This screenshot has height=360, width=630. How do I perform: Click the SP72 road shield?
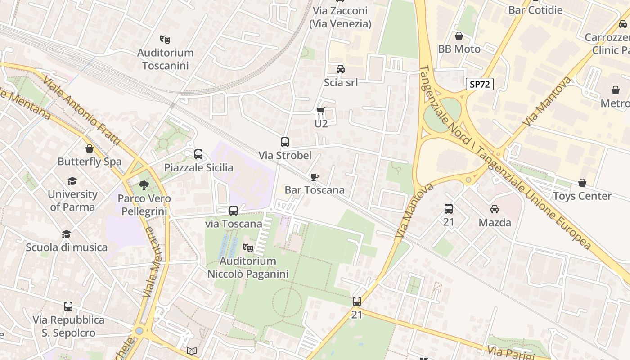pyautogui.click(x=479, y=84)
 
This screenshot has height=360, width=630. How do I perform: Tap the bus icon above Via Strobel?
pyautogui.click(x=285, y=142)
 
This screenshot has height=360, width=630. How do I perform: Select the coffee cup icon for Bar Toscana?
pyautogui.click(x=315, y=177)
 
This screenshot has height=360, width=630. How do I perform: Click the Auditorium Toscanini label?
pyautogui.click(x=165, y=59)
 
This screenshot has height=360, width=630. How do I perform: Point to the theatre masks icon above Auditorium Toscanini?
pyautogui.click(x=165, y=40)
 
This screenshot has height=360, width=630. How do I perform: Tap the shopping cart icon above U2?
pyautogui.click(x=320, y=111)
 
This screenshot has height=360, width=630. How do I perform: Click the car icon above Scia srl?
pyautogui.click(x=341, y=69)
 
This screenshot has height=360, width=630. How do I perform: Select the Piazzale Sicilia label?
pyautogui.click(x=198, y=168)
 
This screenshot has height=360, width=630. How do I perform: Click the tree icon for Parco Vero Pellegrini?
pyautogui.click(x=144, y=184)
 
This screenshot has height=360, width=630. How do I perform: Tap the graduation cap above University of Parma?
pyautogui.click(x=72, y=181)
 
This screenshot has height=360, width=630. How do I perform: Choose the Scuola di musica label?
pyautogui.click(x=67, y=247)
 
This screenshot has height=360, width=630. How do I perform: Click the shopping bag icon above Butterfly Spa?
pyautogui.click(x=90, y=148)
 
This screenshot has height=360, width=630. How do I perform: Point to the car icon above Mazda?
pyautogui.click(x=495, y=209)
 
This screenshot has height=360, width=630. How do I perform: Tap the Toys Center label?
pyautogui.click(x=582, y=196)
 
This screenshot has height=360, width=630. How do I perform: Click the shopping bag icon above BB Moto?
pyautogui.click(x=459, y=36)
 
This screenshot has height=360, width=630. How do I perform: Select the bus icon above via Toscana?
pyautogui.click(x=233, y=210)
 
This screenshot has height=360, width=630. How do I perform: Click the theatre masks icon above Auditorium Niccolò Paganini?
pyautogui.click(x=247, y=247)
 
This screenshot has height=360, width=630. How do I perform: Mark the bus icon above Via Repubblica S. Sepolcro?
pyautogui.click(x=68, y=306)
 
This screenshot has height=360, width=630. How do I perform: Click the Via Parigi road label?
pyautogui.click(x=507, y=351)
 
